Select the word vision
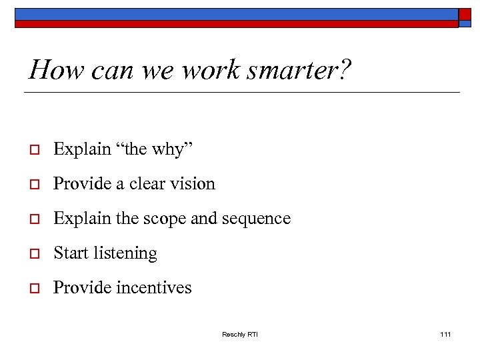[193, 184]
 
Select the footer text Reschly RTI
[240, 334]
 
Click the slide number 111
[446, 334]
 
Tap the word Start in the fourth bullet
[70, 253]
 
